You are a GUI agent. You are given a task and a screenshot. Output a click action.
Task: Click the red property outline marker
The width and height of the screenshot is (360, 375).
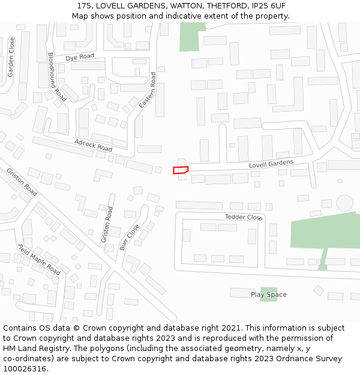click(x=181, y=170)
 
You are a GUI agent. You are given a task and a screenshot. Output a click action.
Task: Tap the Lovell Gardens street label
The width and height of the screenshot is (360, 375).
click(x=271, y=164)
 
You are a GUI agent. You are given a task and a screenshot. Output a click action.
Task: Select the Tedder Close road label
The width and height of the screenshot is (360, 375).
click(x=244, y=217)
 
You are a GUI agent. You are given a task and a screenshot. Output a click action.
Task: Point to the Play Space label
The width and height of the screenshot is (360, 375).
click(x=268, y=295)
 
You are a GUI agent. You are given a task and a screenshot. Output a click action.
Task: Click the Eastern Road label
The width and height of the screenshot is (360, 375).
click(x=148, y=91)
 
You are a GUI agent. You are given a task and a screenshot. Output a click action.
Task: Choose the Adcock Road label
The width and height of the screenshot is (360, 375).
click(x=93, y=145)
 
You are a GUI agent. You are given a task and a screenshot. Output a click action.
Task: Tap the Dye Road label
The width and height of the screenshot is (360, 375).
click(x=80, y=57)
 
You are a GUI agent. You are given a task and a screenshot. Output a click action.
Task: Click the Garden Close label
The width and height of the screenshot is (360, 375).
click(x=11, y=57)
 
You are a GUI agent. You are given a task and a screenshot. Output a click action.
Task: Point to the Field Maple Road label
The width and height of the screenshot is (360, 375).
click(x=39, y=260)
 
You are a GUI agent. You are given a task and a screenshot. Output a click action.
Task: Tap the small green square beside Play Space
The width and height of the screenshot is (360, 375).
click(x=268, y=295)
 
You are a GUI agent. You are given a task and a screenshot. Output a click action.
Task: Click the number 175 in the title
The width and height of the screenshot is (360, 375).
click(x=84, y=6)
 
